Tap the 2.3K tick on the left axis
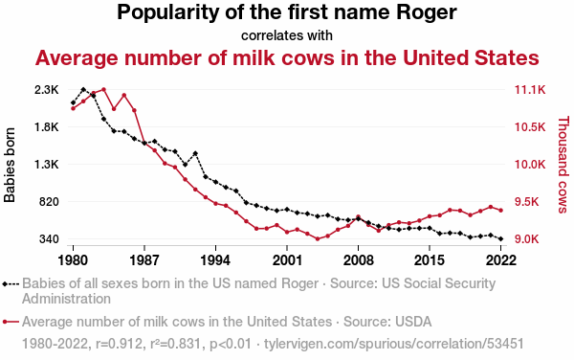pyautogui.click(x=47, y=90)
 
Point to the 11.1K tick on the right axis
pyautogui.click(x=530, y=90)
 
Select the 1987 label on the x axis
pyautogui.click(x=144, y=260)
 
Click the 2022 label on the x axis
pyautogui.click(x=500, y=260)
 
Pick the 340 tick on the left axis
pyautogui.click(x=49, y=239)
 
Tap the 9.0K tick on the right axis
pyautogui.click(x=527, y=239)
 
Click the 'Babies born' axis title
pyautogui.click(x=10, y=165)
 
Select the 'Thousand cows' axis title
pyautogui.click(x=563, y=165)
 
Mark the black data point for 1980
pyautogui.click(x=74, y=102)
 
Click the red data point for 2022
pyautogui.click(x=500, y=211)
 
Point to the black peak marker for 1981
pyautogui.click(x=83, y=89)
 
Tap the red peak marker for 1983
pyautogui.click(x=103, y=89)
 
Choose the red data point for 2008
pyautogui.click(x=359, y=216)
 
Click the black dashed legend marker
pyautogui.click(x=11, y=283)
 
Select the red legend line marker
pyautogui.click(x=11, y=322)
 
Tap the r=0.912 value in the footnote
pyautogui.click(x=119, y=344)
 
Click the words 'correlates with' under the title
pyautogui.click(x=287, y=35)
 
